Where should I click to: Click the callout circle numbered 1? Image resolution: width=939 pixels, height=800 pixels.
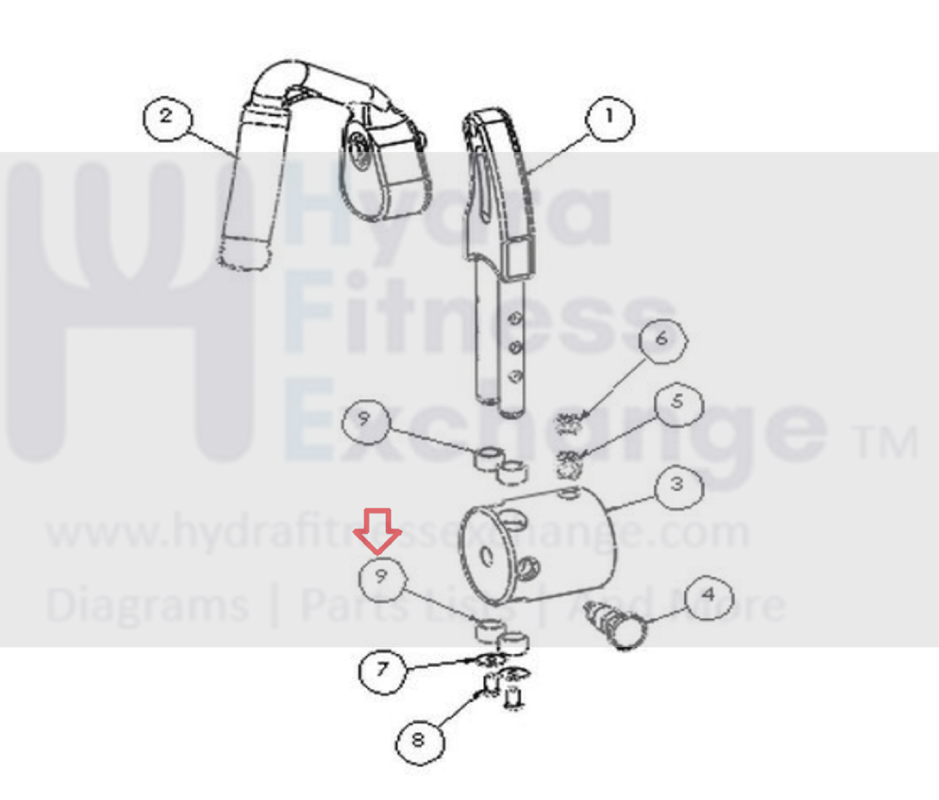click(x=609, y=118)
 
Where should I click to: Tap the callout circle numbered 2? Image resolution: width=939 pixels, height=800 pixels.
click(x=167, y=117)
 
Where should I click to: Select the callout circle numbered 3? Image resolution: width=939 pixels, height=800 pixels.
click(x=679, y=487)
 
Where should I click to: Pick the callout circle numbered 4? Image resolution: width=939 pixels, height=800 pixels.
click(x=709, y=597)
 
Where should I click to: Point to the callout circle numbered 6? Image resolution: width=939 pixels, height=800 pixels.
click(x=663, y=340)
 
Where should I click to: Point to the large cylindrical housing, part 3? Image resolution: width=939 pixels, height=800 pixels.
click(x=538, y=546)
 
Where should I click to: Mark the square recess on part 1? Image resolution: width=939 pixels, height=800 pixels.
click(x=518, y=258)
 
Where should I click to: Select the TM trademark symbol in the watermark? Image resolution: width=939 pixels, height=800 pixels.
click(x=887, y=442)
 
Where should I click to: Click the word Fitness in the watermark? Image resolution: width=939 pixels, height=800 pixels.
click(x=477, y=313)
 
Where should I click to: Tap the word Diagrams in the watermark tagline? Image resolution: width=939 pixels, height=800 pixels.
click(x=147, y=607)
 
